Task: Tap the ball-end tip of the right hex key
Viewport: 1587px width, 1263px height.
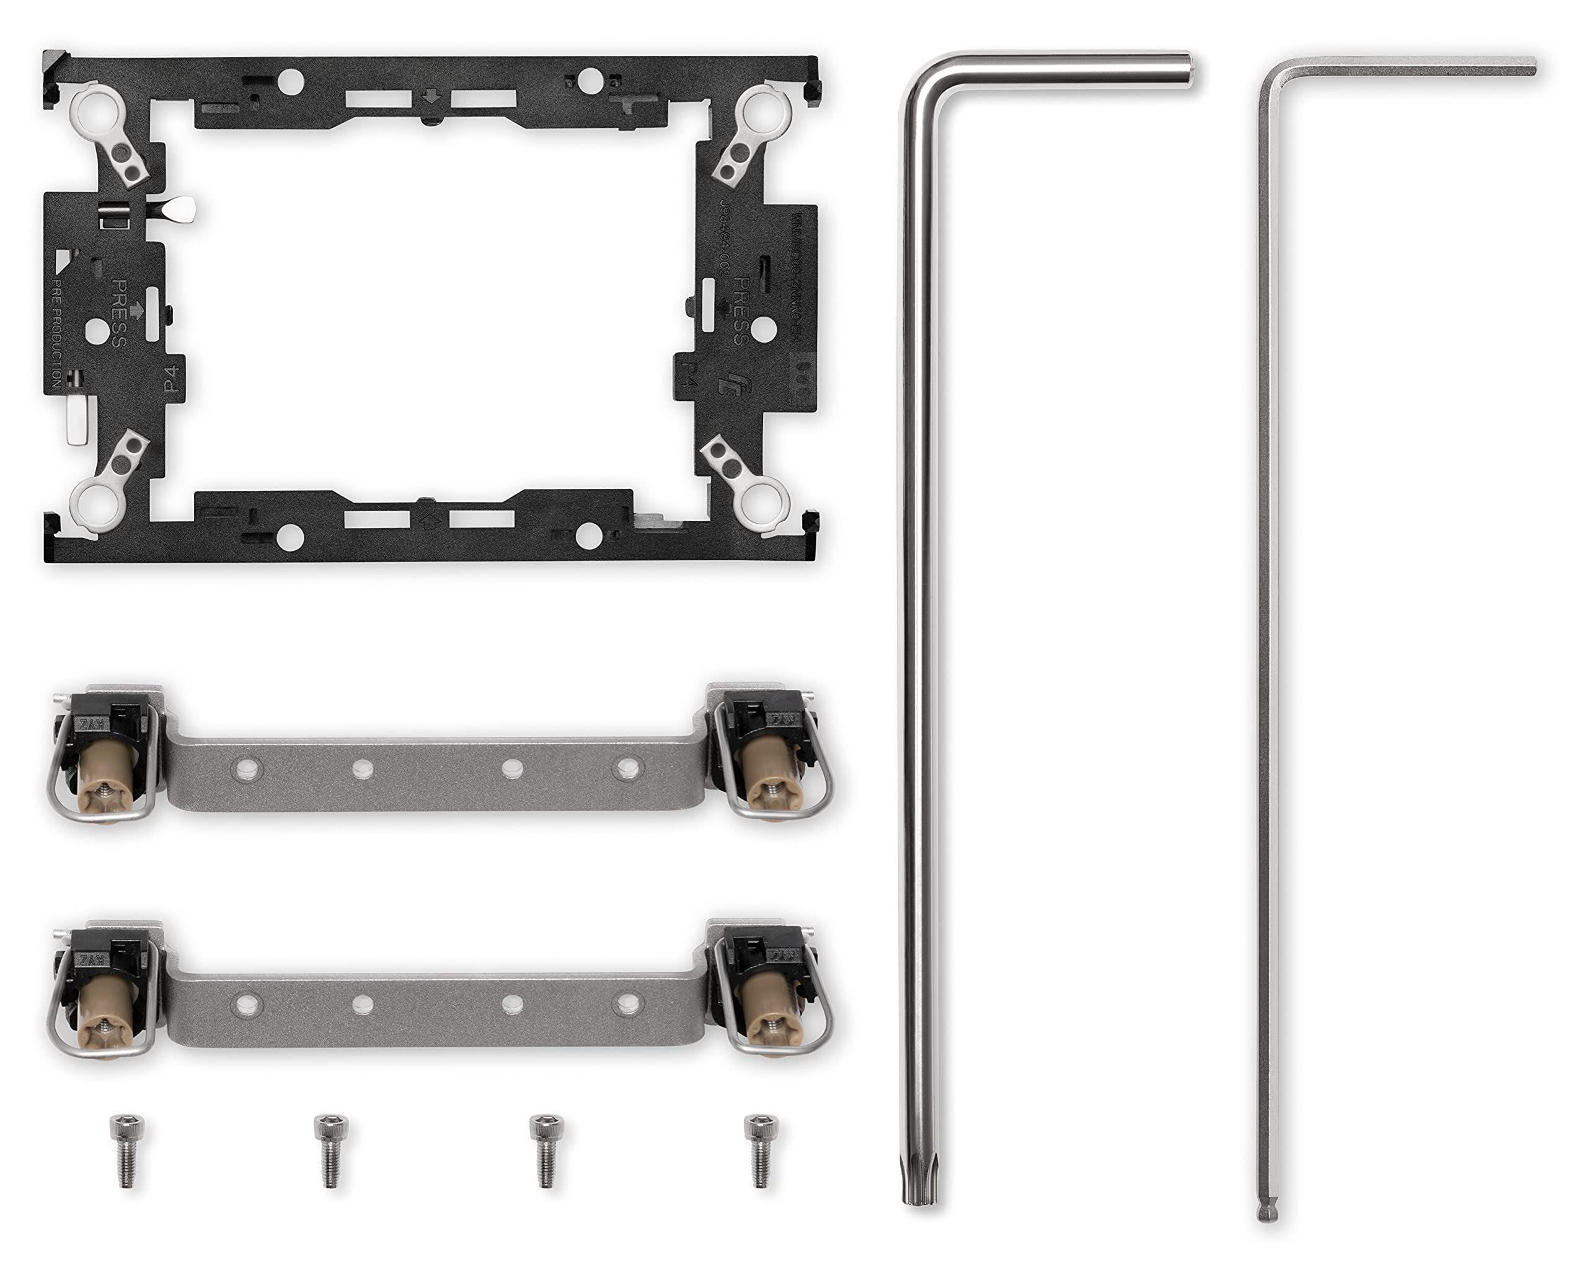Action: tap(1268, 1213)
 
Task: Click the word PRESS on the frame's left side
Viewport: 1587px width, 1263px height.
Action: tap(118, 313)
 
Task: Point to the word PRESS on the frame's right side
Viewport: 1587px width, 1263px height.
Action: tap(741, 311)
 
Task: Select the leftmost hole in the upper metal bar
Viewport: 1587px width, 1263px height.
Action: tap(244, 770)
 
